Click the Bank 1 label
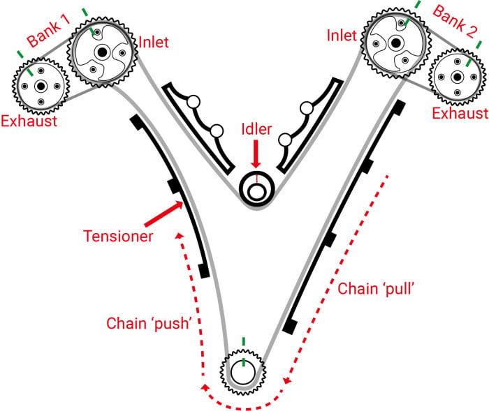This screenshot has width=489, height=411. tap(48, 31)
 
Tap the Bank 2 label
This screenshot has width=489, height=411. tap(455, 21)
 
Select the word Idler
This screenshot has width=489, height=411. tap(256, 129)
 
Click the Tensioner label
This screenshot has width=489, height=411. tap(118, 236)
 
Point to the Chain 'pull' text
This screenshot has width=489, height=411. tap(376, 289)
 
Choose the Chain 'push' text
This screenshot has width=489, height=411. tap(148, 324)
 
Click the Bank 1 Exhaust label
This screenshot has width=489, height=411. tap(29, 121)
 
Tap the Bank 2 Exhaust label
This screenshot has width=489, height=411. tap(460, 114)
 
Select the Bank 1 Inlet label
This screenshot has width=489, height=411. tap(154, 42)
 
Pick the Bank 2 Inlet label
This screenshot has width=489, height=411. tap(342, 36)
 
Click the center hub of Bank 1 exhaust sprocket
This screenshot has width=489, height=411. tap(41, 86)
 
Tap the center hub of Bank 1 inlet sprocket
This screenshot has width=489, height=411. tap(102, 52)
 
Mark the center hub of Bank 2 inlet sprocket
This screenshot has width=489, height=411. tap(396, 43)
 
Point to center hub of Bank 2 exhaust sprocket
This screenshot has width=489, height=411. tap(457, 77)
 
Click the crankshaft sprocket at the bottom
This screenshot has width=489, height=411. tap(243, 373)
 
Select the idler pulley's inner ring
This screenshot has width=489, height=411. tap(256, 192)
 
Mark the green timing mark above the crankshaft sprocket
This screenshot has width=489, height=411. tap(244, 342)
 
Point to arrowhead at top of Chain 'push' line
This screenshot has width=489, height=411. tap(179, 236)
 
